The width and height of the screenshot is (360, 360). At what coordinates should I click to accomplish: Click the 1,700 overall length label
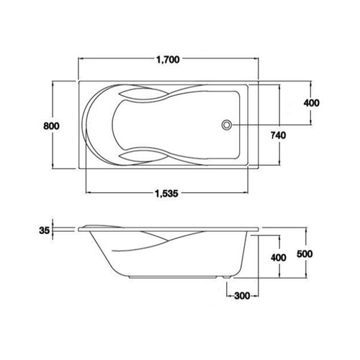coord(168,60)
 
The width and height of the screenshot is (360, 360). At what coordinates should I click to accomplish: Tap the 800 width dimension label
coord(51,126)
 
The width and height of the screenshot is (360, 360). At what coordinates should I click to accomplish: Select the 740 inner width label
coord(279,135)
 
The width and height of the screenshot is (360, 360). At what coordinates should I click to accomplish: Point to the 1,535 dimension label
coord(167,193)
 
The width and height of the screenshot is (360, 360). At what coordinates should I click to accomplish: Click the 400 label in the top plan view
coord(312,103)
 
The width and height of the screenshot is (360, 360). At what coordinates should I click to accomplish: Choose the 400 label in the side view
coord(279,258)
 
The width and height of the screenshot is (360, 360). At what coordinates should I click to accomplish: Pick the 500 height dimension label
coord(305,254)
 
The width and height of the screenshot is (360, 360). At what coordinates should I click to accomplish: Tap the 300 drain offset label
coord(242,296)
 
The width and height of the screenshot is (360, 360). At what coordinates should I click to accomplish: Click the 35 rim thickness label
coord(44,230)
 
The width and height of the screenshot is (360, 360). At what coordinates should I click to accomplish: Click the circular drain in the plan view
coord(226,125)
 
